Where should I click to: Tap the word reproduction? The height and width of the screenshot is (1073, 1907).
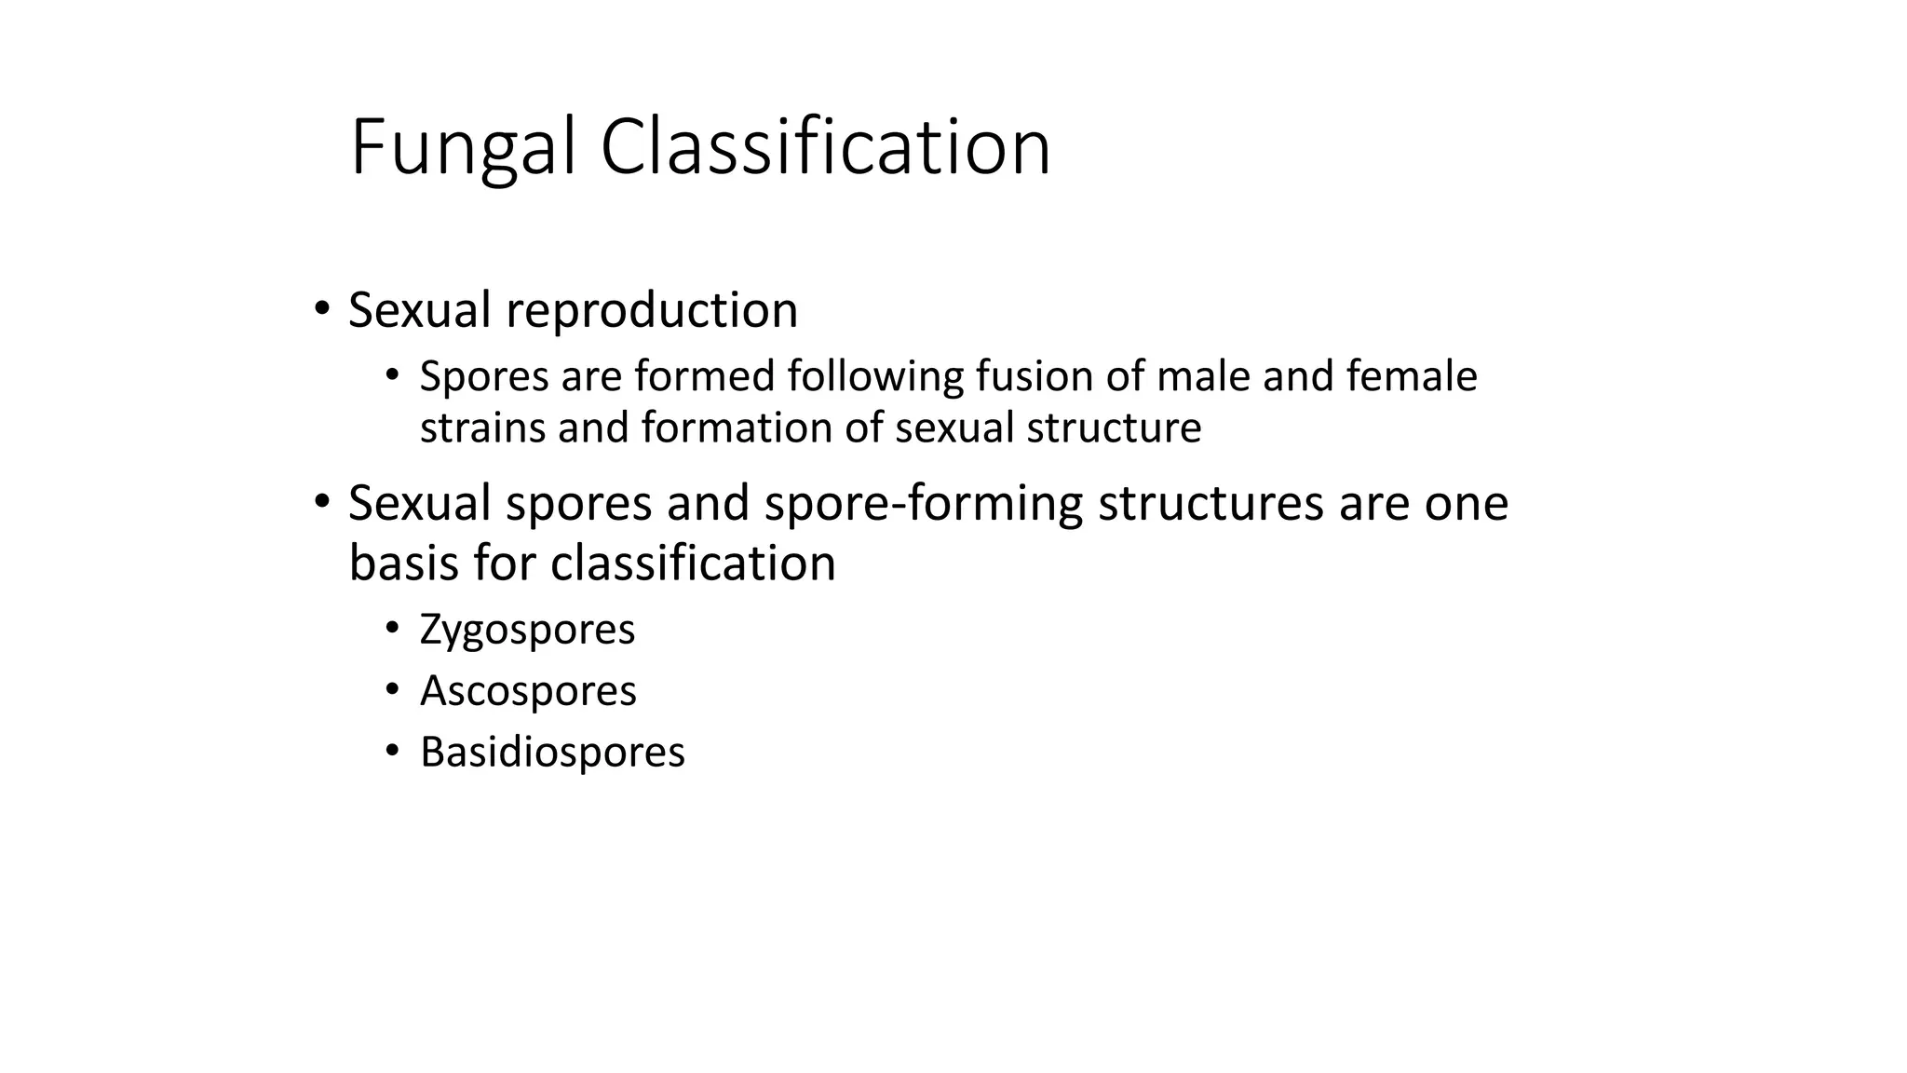(652, 310)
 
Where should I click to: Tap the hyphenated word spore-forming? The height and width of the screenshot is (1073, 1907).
(924, 504)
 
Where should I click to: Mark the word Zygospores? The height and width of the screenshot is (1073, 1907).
(527, 630)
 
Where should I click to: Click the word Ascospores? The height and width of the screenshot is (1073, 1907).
(528, 691)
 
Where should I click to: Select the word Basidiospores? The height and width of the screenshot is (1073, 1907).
(552, 753)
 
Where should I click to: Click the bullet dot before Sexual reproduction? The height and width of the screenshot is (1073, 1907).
(321, 308)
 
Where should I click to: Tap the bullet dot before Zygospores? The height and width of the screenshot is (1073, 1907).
(392, 628)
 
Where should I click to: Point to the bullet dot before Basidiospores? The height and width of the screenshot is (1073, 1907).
(392, 751)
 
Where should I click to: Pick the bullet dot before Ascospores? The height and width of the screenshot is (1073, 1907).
(392, 689)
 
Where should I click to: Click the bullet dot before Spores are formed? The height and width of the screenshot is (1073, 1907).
(392, 375)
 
